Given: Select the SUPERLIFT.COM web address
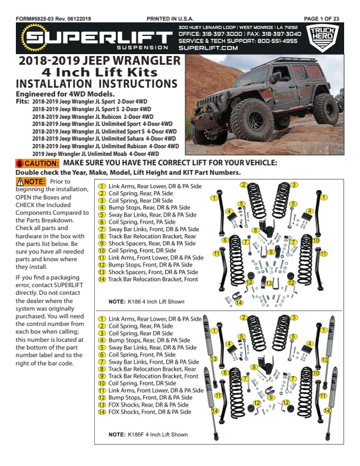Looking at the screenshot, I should click(x=208, y=48).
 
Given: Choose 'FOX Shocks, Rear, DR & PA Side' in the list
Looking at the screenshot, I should click(x=149, y=405).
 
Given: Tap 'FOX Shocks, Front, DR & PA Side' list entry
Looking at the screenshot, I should click(x=149, y=412).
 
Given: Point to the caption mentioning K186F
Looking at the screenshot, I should click(x=148, y=435).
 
